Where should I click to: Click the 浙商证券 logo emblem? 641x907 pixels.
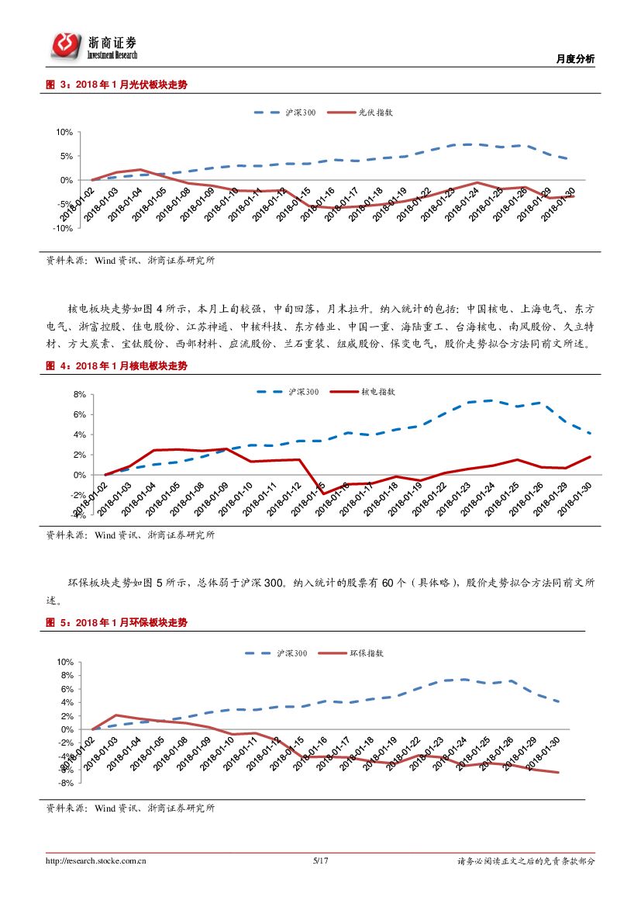coord(67,45)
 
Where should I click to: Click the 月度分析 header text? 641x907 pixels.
coord(576,59)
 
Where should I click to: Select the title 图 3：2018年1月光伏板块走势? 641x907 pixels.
coord(116,85)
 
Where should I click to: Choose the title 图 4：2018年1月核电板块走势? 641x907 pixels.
coord(116,365)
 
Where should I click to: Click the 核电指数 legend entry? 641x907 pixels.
coord(377,392)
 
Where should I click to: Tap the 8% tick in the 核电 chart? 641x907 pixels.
coord(79,394)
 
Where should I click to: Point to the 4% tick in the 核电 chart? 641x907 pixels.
coord(79,434)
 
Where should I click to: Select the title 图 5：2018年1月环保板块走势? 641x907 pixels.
coord(116,623)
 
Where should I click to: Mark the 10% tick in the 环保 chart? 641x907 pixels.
coord(64,662)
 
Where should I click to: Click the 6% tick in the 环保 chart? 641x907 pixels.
coord(67,689)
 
